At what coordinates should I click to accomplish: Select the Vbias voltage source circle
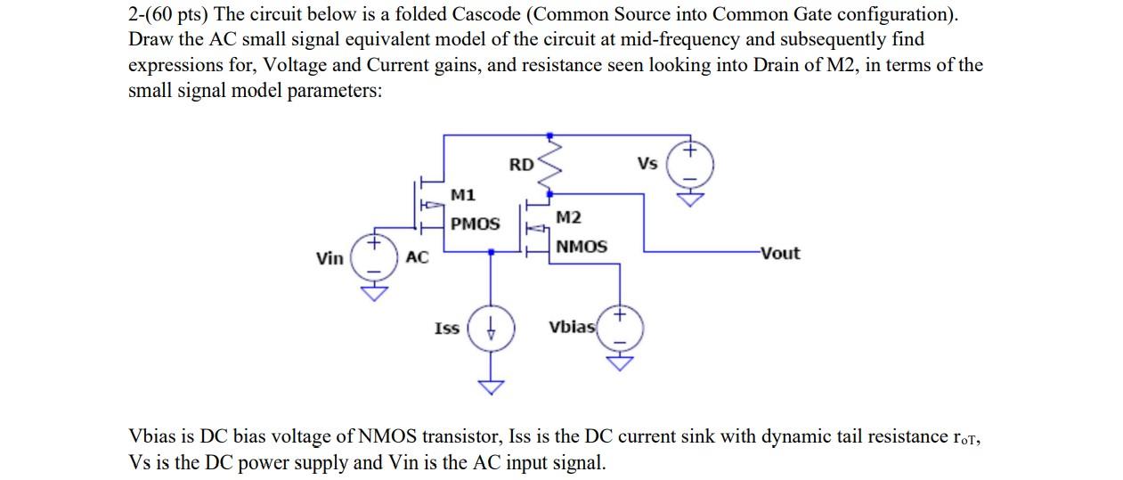[x=619, y=328]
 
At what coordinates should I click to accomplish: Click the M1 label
[x=463, y=194]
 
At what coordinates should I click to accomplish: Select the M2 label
[x=568, y=218]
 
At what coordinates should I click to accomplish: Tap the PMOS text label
[x=475, y=224]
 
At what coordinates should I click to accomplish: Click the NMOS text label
[x=581, y=247]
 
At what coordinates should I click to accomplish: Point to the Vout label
[x=780, y=253]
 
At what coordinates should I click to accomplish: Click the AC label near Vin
[x=417, y=257]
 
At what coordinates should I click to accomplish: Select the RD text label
[x=521, y=165]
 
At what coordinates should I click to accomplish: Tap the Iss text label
[x=446, y=329]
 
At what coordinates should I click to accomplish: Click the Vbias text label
[x=571, y=327]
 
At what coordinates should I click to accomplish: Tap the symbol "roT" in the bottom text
[x=964, y=437]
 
